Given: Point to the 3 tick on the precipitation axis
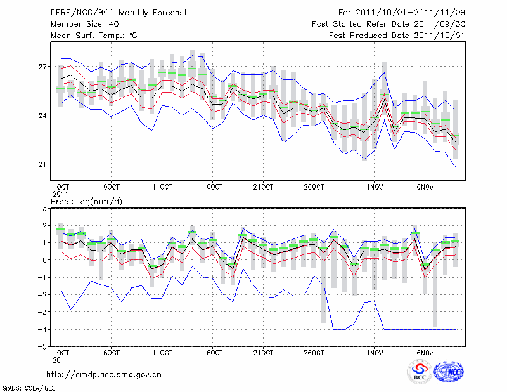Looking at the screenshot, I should click(x=44, y=208).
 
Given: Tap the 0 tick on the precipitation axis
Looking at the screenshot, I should click(x=44, y=260).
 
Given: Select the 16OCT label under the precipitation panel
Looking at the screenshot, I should click(x=213, y=353).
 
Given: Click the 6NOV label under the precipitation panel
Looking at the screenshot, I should click(x=425, y=353).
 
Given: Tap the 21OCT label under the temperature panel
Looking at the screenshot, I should click(x=263, y=187).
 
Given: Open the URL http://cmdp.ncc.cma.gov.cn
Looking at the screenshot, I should click(x=104, y=375).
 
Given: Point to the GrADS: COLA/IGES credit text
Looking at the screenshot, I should click(x=22, y=387).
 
